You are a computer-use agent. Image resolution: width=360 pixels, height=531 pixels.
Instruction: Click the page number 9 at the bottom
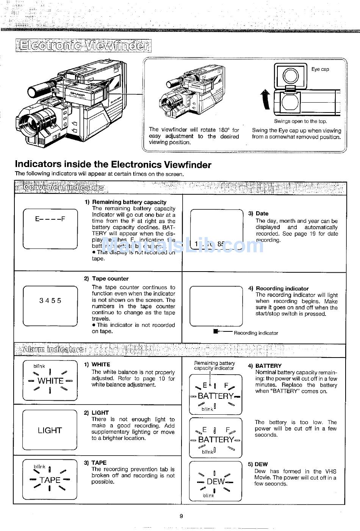pos(181,515)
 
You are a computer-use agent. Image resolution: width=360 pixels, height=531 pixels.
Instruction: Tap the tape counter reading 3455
pos(50,301)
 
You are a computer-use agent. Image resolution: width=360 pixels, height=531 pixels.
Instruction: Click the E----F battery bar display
pos(50,219)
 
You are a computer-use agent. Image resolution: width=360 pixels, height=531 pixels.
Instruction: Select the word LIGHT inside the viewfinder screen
pos(50,430)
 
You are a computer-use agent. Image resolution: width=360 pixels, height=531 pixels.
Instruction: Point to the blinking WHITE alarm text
pos(50,381)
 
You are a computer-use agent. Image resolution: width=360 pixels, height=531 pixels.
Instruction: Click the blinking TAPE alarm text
pos(50,480)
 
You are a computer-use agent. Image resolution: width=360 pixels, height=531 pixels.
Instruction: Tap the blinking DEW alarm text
pos(215,482)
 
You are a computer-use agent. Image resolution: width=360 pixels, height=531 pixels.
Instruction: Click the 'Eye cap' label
pos(320,69)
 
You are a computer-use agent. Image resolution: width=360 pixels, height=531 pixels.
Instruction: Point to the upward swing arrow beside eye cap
pos(265,100)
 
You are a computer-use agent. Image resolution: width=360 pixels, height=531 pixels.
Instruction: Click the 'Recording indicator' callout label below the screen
pos(256,333)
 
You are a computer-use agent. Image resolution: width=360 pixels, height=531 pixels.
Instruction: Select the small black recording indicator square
pos(216,331)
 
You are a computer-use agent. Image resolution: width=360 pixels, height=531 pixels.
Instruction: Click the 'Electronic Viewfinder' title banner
pos(83,46)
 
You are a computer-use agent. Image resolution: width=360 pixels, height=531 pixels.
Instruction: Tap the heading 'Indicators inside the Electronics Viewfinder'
pos(113,164)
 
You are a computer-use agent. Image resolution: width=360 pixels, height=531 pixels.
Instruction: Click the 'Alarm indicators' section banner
pos(53,349)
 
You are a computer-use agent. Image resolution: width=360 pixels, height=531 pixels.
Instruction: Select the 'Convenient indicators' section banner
pos(63,187)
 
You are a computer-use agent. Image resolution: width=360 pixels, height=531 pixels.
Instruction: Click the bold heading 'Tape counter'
pos(110,279)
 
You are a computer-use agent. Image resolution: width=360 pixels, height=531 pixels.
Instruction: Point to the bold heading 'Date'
pos(262,213)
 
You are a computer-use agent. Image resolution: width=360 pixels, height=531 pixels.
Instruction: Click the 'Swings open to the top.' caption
pos(301,121)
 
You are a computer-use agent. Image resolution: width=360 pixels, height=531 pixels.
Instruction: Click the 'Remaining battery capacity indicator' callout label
pos(214,365)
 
